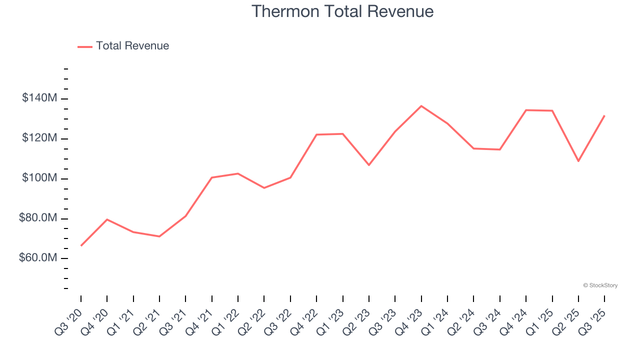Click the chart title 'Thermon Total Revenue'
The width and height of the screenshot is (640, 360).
pos(342,11)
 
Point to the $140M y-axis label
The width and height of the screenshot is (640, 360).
pos(39,98)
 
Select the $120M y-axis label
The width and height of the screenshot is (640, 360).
pos(39,138)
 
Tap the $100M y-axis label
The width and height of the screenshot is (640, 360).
pos(39,178)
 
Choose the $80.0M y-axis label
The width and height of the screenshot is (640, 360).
pos(38,218)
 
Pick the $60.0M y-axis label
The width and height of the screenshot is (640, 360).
pos(38,258)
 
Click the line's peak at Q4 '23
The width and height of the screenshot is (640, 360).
pos(421,106)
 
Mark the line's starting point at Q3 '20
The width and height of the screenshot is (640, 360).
pos(81,245)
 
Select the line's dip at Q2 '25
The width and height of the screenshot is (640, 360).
pos(578,161)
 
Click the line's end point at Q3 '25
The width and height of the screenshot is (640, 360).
pos(604,115)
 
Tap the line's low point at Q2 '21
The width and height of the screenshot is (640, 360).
pos(159,236)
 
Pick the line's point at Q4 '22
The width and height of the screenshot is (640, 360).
pos(316,134)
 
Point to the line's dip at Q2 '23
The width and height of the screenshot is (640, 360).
pos(369,165)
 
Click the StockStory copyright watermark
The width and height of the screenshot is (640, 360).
pos(600,285)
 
